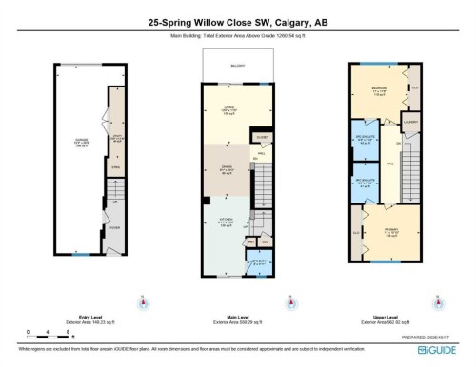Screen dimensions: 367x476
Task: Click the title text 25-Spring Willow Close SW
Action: [238, 20]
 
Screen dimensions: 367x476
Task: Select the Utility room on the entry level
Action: [116, 139]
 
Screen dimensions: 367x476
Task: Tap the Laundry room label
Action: [410, 120]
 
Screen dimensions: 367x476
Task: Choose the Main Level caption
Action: [238, 318]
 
